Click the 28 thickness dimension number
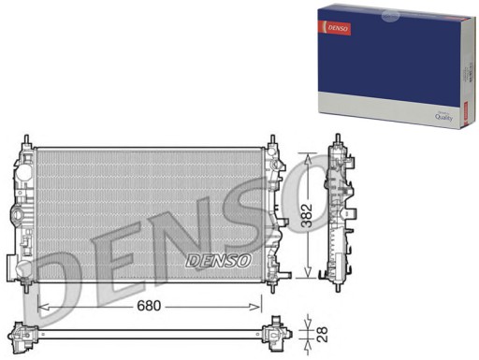[x=322, y=332]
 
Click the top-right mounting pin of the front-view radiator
[x=272, y=141]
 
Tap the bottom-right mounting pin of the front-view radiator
[x=272, y=281]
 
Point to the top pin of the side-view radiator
[x=336, y=142]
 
